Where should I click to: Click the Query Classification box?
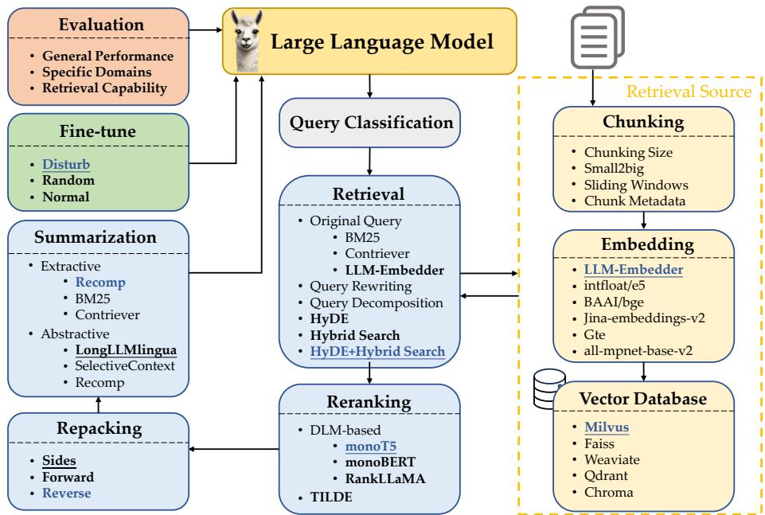click(x=370, y=123)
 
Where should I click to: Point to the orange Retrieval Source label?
click(x=689, y=92)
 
